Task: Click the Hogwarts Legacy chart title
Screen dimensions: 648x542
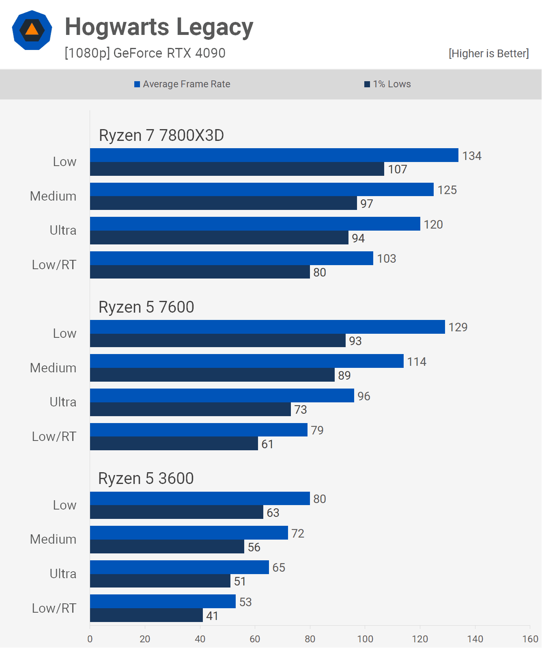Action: [159, 27]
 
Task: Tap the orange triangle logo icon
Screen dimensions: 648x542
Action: [32, 30]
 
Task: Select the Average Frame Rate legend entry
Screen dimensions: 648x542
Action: [182, 84]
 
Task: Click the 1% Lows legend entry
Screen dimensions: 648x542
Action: [387, 84]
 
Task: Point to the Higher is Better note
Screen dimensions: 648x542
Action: [488, 54]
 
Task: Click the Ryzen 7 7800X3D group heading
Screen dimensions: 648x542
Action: [161, 135]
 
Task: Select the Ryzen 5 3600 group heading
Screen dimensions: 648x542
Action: [146, 478]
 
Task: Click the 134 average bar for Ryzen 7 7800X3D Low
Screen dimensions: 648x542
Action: [274, 155]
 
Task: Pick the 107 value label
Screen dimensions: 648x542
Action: [398, 169]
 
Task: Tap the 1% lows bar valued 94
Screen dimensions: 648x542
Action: [219, 238]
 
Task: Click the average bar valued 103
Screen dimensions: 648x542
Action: [231, 258]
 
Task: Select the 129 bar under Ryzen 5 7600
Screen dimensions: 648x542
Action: [267, 327]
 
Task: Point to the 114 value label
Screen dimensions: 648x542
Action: [417, 362]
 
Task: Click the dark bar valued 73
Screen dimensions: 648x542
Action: [190, 409]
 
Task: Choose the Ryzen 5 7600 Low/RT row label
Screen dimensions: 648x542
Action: [54, 436]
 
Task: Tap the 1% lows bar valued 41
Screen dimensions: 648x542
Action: [146, 616]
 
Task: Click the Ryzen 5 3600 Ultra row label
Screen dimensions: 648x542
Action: [63, 574]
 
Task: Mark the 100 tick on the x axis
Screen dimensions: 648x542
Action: [365, 639]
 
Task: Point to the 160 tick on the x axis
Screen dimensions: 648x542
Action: [530, 639]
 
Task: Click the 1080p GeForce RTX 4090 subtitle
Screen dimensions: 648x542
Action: [145, 53]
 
